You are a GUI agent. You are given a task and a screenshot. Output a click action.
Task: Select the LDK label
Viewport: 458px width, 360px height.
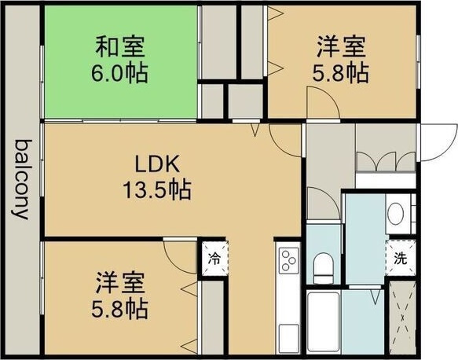pyautogui.click(x=158, y=164)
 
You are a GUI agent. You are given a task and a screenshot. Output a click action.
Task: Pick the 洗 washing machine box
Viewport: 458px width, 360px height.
pyautogui.click(x=401, y=255)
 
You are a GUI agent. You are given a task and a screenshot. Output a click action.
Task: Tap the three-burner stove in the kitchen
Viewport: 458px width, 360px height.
pyautogui.click(x=288, y=259)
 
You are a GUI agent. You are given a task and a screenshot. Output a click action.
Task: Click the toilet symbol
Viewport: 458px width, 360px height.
pyautogui.click(x=323, y=266)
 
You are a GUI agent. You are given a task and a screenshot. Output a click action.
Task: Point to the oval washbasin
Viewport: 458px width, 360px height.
pyautogui.click(x=397, y=214)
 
